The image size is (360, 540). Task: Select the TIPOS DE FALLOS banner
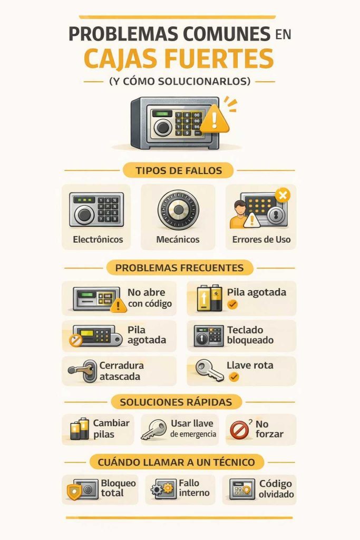(179, 170)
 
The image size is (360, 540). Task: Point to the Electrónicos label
(98, 239)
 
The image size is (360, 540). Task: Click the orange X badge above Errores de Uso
(283, 196)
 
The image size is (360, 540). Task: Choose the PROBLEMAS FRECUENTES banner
(179, 267)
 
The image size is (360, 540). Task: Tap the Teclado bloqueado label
(250, 335)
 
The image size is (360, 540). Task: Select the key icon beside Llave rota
(209, 370)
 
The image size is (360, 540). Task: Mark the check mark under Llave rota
(233, 377)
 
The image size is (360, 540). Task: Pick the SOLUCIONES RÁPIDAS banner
(176, 402)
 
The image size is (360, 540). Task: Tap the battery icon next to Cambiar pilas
(80, 429)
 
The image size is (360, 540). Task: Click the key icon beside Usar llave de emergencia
(154, 429)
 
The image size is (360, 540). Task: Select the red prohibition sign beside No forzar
(239, 430)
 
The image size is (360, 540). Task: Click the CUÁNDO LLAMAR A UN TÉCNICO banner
(176, 462)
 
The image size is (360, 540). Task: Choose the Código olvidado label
(276, 489)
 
